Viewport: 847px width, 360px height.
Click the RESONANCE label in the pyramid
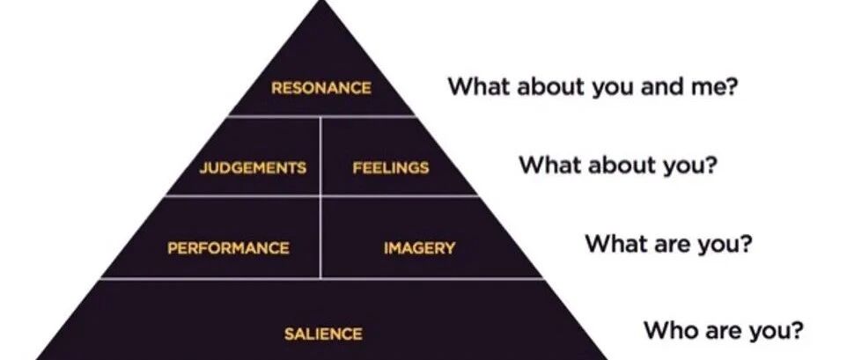click(320, 88)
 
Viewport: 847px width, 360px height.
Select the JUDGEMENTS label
click(253, 168)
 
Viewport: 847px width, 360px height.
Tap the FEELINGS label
click(391, 168)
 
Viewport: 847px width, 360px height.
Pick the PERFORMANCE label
click(228, 248)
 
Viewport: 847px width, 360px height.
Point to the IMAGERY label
click(419, 248)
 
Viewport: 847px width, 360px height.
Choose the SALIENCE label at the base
click(323, 334)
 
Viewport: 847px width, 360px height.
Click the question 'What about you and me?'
click(593, 87)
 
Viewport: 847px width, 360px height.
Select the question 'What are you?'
click(668, 244)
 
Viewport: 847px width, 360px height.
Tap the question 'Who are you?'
click(723, 329)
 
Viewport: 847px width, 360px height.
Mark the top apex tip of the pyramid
click(322, 1)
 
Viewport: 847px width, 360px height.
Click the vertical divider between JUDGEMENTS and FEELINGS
click(320, 156)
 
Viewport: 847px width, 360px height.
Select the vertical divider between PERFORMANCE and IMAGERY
click(320, 238)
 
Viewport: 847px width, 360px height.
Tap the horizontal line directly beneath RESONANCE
click(322, 115)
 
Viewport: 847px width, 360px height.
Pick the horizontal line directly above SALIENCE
click(322, 278)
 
